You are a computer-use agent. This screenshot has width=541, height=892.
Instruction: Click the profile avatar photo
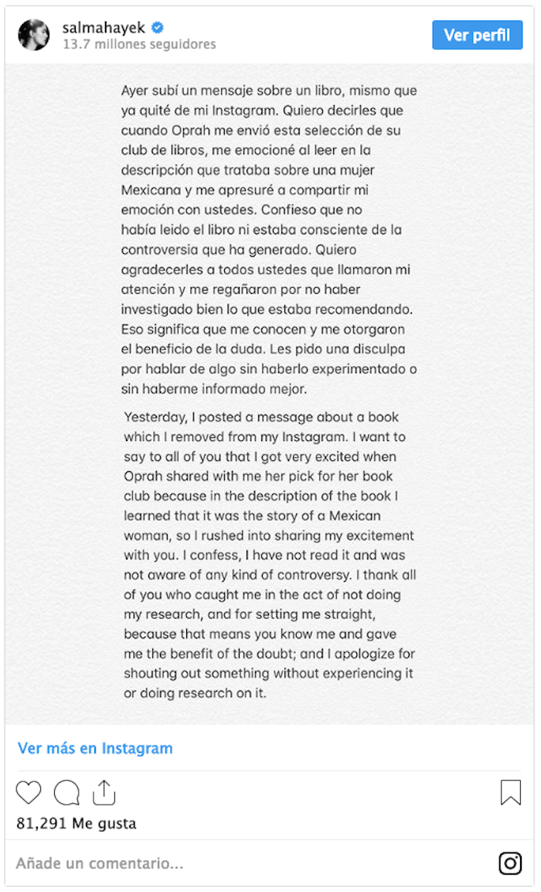33,36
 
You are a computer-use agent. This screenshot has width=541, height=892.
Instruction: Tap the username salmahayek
104,28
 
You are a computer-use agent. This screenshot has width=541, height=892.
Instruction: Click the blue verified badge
158,28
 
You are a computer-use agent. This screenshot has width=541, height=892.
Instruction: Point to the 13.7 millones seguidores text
139,45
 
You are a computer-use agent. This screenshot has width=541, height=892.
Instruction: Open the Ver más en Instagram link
95,748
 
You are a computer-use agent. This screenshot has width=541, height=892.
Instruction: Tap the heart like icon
29,793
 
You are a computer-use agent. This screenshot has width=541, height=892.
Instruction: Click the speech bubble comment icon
66,793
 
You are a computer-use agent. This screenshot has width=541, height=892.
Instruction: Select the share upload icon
104,792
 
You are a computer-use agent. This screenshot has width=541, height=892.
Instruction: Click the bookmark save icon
510,792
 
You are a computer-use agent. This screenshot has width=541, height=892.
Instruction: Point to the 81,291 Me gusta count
76,823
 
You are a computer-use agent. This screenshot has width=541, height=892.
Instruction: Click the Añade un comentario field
100,863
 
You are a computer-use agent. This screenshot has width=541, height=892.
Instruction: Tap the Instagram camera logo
510,863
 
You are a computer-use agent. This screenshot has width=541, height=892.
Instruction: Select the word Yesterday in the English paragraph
155,417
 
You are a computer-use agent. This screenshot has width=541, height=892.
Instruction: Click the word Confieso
286,210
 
